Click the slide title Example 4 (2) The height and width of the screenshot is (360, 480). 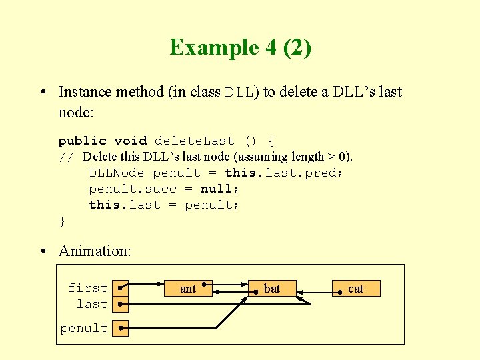click(240, 48)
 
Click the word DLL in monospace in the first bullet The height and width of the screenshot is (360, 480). click(239, 93)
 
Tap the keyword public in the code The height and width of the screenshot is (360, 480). click(82, 141)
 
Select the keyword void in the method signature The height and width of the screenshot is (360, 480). click(130, 141)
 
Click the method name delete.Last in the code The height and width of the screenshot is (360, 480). click(194, 141)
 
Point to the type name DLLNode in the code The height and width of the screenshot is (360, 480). click(117, 173)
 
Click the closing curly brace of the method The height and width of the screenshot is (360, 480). click(62, 221)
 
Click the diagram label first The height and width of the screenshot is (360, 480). click(87, 288)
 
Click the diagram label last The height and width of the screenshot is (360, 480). click(92, 304)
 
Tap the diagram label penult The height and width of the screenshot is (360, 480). click(84, 328)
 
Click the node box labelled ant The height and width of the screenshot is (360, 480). click(189, 289)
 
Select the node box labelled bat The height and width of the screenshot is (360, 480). click(272, 289)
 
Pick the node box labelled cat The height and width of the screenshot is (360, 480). click(356, 289)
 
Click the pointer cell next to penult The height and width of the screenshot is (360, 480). click(120, 328)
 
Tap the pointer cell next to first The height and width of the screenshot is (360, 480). click(120, 288)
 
